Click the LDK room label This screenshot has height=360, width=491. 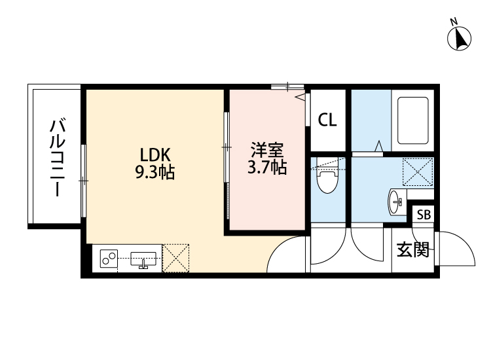click(155, 155)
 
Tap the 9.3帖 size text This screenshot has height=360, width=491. click(155, 171)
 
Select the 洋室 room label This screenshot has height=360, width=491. click(267, 151)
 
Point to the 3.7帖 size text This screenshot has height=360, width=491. click(267, 167)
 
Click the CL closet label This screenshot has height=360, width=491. click(327, 120)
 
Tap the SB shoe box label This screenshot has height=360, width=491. click(424, 215)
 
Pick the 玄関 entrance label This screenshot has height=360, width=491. click(412, 249)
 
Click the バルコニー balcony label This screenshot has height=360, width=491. click(58, 158)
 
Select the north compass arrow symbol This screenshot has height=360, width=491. click(460, 39)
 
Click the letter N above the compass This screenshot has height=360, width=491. click(454, 22)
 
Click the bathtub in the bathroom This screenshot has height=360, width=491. click(412, 120)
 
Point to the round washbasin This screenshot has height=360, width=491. click(395, 202)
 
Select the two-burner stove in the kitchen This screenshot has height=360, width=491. click(109, 259)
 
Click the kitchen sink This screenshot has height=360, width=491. click(143, 259)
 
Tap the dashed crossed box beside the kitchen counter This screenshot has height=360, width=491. click(175, 259)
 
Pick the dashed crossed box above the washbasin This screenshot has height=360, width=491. click(418, 172)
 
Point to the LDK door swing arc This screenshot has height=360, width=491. click(278, 247)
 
